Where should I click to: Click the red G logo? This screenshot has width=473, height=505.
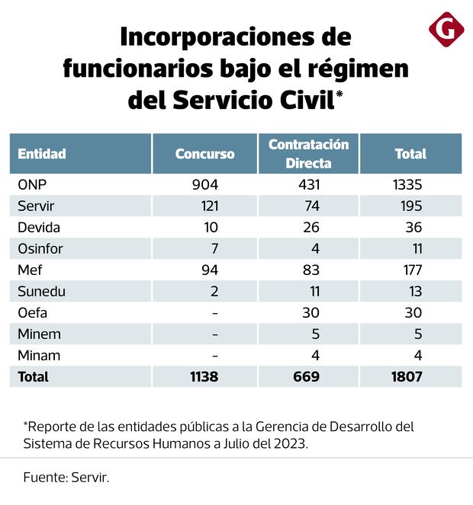point(446,30)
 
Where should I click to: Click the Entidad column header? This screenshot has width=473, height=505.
point(42,154)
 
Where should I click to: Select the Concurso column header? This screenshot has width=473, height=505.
point(204,154)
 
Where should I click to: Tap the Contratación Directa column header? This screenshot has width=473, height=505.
point(308,154)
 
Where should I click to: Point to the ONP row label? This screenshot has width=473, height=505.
point(32,185)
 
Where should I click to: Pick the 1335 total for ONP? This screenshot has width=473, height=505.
point(409,185)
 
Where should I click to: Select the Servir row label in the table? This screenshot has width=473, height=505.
point(35,206)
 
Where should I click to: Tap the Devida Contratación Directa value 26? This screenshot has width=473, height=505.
point(311,228)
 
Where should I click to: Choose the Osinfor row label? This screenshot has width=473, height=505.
point(40,249)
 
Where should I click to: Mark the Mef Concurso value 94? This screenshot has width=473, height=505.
point(209,270)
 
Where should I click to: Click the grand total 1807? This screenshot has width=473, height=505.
point(407,376)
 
